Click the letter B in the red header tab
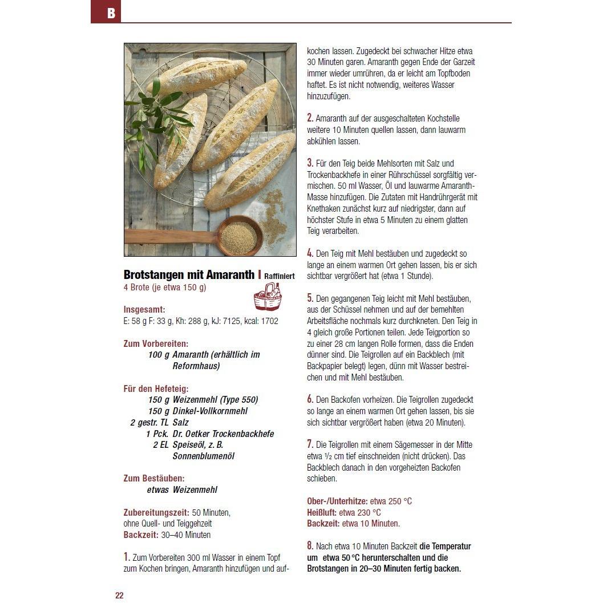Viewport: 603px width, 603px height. pos(111,13)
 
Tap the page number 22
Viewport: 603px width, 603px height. pos(119,596)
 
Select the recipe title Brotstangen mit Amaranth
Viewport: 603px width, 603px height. pos(189,275)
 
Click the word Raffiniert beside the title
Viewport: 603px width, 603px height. pos(280,276)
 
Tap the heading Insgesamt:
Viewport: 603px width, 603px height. pos(144,310)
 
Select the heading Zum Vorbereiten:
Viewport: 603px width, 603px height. pos(156,343)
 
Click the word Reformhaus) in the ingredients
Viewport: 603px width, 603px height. pos(196,366)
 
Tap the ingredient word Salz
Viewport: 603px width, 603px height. pos(181,422)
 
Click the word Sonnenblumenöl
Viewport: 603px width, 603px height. pos(204,456)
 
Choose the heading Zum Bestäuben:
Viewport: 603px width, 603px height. pos(154,478)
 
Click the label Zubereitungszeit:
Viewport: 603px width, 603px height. pos(157,512)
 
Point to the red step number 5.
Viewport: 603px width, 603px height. pos(310,298)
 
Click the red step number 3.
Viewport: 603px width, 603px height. pos(310,163)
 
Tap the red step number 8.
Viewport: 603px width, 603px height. pos(310,545)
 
